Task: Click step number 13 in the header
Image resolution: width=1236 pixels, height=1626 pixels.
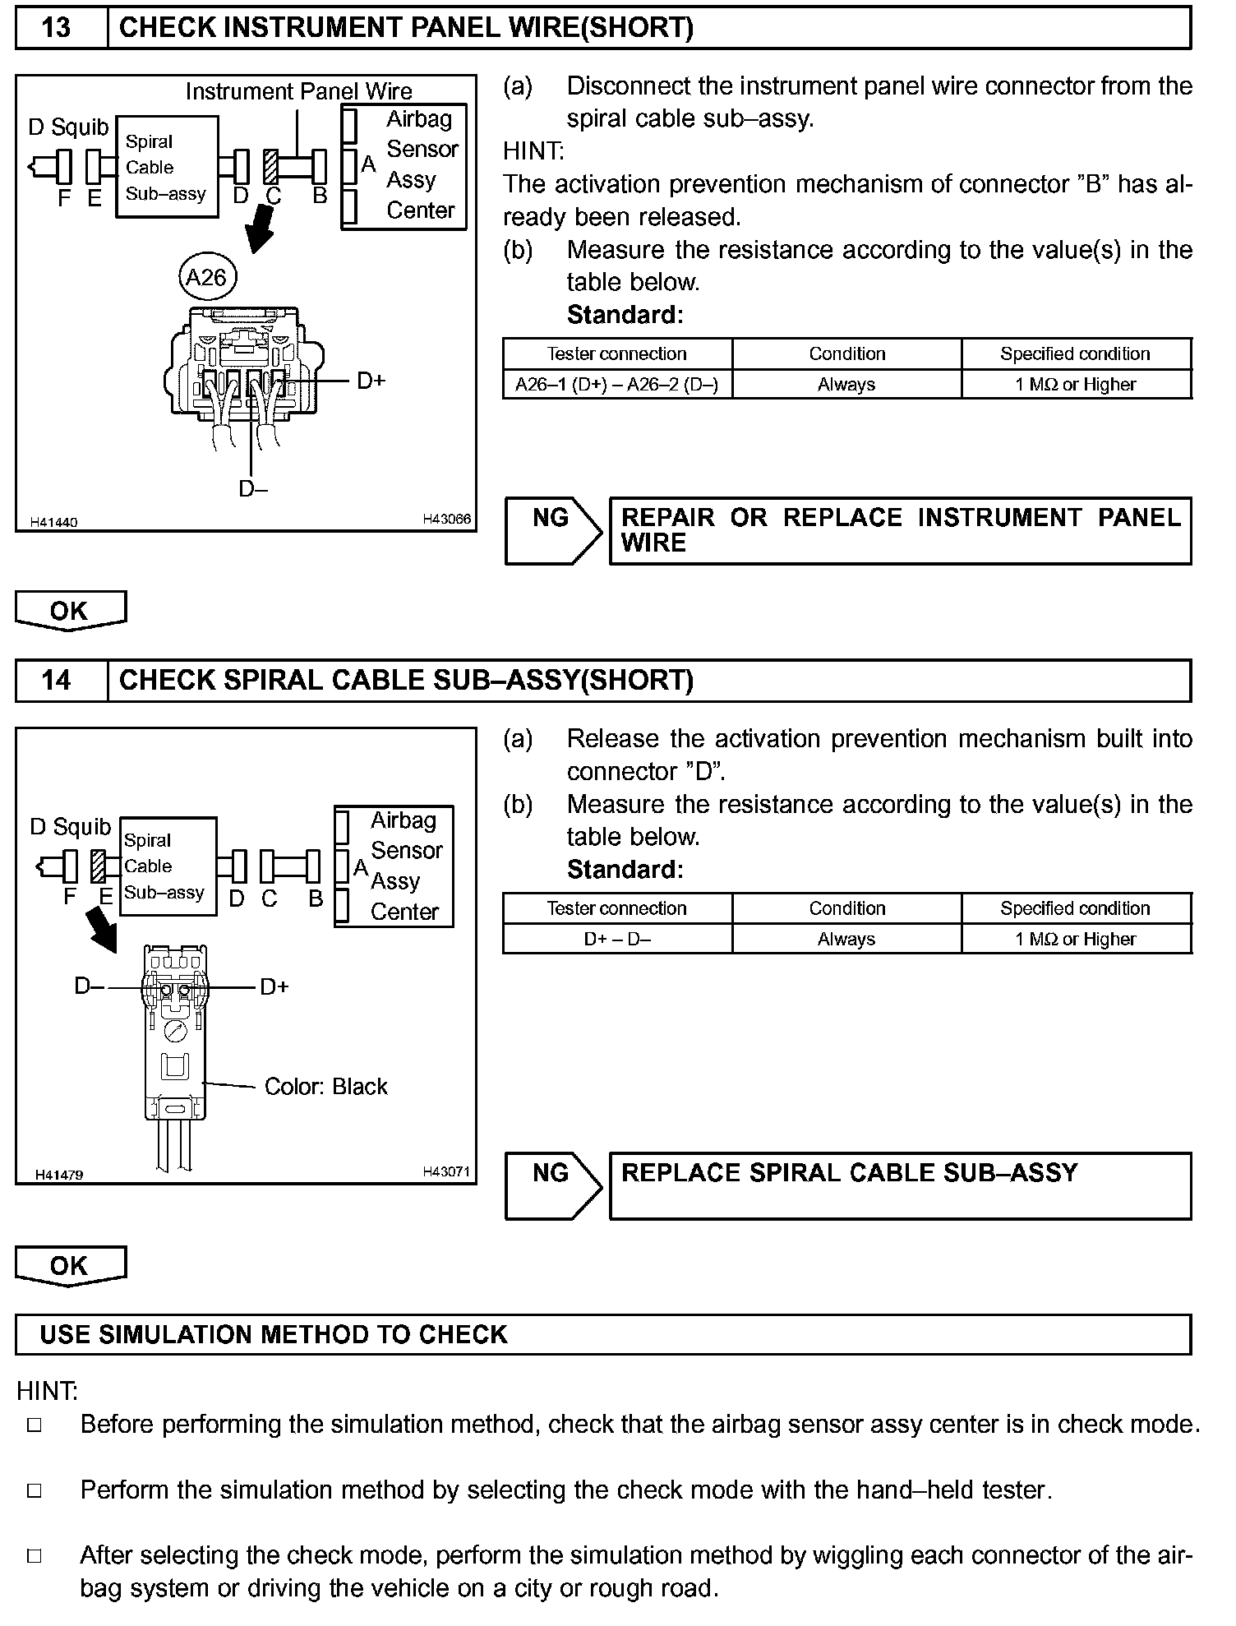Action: point(56,28)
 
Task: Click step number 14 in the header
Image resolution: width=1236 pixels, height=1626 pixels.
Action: point(56,681)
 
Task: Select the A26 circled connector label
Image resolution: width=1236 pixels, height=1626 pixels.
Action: point(206,278)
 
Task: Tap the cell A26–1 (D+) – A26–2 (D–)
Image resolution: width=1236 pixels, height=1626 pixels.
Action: point(617,385)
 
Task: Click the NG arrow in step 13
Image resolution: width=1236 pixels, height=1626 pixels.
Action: point(553,530)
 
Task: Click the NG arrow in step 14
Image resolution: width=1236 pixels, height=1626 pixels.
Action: point(553,1185)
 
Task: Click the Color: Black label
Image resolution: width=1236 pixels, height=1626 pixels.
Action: point(325,1087)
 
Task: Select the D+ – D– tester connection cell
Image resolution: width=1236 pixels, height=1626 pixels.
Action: point(617,939)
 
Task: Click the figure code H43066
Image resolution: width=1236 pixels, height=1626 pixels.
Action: point(446,520)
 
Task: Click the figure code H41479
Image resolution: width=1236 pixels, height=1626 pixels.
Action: point(59,1175)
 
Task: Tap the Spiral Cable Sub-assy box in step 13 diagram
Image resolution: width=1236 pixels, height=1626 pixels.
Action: point(167,167)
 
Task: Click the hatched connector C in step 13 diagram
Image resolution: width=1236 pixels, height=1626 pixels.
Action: point(271,166)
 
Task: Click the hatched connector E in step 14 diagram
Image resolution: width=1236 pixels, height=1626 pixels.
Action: point(98,866)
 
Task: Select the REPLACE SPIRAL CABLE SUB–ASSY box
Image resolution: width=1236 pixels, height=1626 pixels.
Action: point(900,1185)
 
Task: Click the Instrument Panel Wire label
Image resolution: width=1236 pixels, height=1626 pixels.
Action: point(298,91)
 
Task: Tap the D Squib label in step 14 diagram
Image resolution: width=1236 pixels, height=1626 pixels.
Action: point(70,827)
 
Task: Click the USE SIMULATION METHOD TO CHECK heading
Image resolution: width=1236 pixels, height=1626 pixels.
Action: point(274,1334)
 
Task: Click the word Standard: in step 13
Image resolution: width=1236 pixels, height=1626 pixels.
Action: point(625,315)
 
